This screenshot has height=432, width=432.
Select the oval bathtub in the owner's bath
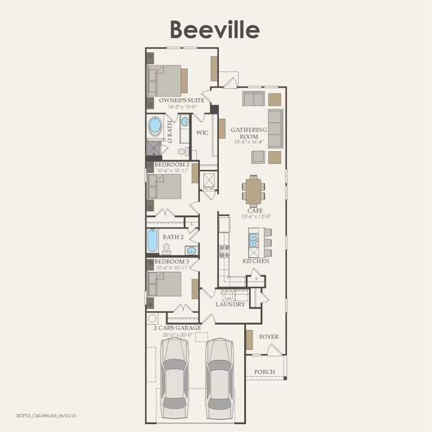click(x=156, y=127)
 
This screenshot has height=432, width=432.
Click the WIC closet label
click(x=202, y=132)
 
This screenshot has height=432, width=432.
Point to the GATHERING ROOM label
click(x=248, y=132)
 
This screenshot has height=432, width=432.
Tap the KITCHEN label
click(x=256, y=261)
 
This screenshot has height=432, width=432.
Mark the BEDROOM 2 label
click(x=172, y=165)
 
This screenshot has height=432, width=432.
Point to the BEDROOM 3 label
click(x=172, y=261)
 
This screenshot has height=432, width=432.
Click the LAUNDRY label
click(x=230, y=304)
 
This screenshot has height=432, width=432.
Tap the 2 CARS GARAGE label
click(x=177, y=328)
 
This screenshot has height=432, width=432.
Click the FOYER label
click(x=269, y=336)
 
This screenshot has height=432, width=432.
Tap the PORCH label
click(x=266, y=372)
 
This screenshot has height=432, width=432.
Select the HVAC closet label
click(x=209, y=189)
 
